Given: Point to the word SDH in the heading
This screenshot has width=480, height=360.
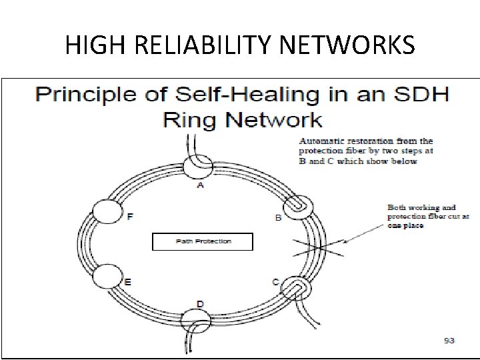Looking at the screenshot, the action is (421, 93).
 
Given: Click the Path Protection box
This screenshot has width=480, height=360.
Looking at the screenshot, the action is (203, 241).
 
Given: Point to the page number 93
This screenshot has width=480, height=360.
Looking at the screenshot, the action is (449, 341).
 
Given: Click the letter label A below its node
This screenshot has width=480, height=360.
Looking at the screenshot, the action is (200, 186).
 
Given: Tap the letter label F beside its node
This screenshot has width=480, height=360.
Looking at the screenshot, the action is (129, 216).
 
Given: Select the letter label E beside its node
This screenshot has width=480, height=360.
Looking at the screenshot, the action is (127, 282).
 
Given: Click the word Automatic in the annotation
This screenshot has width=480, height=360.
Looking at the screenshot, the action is (319, 141).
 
